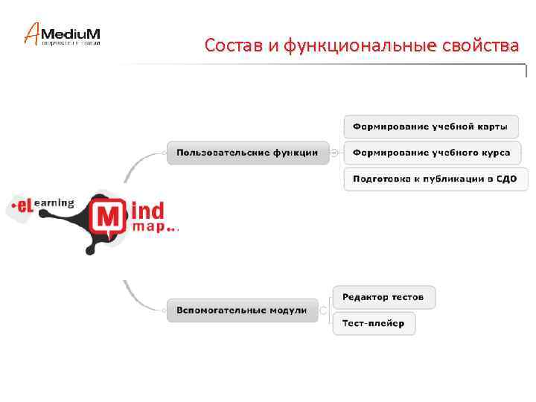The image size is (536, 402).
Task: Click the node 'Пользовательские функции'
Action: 246,153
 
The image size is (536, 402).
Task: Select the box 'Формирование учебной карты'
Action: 430,126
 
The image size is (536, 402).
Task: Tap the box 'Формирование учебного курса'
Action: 431,153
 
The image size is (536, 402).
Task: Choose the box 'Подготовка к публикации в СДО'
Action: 435,179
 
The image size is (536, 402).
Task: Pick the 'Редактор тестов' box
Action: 383,297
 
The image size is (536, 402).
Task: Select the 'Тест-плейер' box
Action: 373,324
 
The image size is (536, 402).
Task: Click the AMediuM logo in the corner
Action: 63,34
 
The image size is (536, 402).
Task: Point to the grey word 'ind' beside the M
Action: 147,210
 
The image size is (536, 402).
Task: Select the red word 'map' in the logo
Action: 149,228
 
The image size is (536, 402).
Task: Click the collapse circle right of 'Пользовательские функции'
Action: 334,153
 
